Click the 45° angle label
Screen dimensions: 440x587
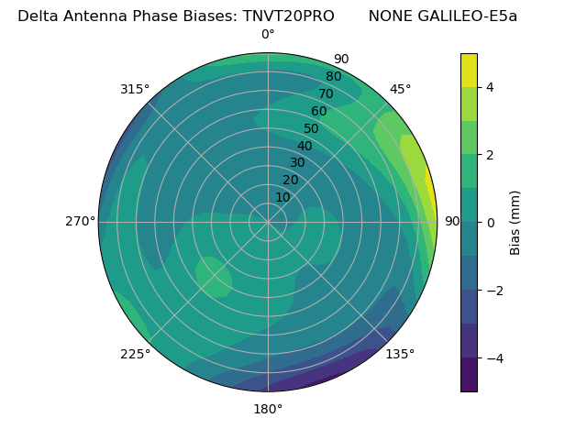pos(401,89)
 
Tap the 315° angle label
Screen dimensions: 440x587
pos(135,89)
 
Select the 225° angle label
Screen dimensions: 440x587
pos(135,355)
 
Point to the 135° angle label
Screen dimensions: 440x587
pos(400,355)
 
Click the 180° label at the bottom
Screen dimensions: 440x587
pos(268,409)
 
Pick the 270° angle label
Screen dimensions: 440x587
pos(80,221)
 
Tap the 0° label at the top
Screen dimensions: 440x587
pos(268,35)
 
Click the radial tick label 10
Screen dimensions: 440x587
pos(282,197)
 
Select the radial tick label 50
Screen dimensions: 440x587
pos(312,128)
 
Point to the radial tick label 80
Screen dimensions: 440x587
pos(334,76)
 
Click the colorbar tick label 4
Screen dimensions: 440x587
pos(491,87)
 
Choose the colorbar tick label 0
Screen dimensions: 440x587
pos(491,223)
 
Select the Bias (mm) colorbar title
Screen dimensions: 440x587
pos(515,223)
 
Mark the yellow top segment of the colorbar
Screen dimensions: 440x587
pos(469,70)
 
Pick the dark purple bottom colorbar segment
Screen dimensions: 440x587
pos(469,375)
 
